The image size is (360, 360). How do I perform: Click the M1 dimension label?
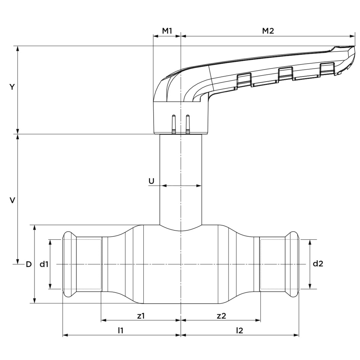coord(167,31)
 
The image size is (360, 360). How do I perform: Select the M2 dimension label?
coord(268,31)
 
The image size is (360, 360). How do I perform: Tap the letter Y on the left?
coord(12,87)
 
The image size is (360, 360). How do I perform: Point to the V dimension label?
coord(12,200)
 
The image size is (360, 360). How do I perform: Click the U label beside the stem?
coord(151,181)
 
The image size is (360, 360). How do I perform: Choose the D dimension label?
coord(28,264)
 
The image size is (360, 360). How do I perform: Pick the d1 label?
coord(44,264)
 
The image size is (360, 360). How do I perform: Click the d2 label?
coord(318,264)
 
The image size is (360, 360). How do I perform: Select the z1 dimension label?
coord(141,316)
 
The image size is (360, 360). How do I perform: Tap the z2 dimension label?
coord(221,316)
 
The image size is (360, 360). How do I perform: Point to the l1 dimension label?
coord(121,331)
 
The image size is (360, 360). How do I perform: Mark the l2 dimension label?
coord(239,331)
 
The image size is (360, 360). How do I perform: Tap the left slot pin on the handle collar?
coord(174,124)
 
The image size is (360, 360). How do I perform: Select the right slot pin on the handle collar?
coord(188,124)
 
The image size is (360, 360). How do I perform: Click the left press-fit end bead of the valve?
coord(70,264)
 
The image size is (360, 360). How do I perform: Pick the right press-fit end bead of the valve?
coord(292,264)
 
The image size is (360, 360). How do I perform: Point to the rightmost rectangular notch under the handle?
coord(327,68)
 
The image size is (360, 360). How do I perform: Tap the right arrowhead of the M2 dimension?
coord(352,36)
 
